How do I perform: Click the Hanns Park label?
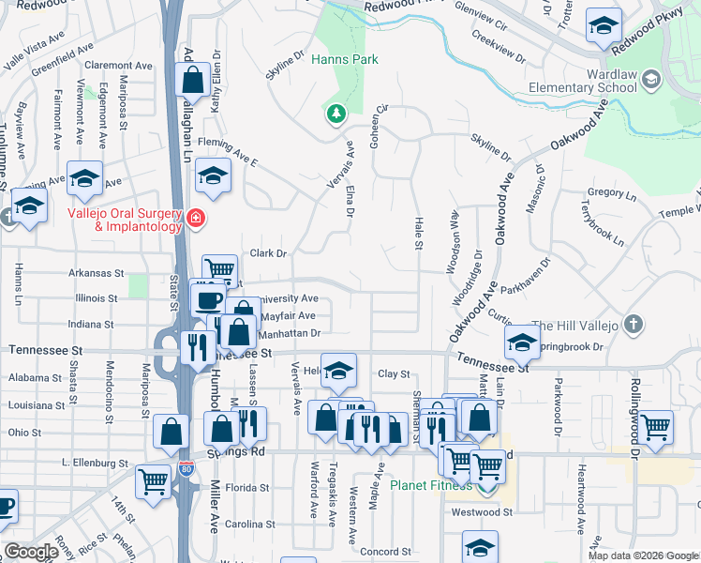(344, 59)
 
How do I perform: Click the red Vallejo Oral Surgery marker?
(195, 219)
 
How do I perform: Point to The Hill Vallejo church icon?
(634, 325)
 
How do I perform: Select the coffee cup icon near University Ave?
(207, 299)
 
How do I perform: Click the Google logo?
(31, 552)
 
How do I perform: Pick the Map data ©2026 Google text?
(642, 555)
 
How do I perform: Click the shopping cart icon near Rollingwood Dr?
(655, 426)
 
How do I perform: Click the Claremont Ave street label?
(118, 66)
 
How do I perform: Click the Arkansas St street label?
(97, 274)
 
